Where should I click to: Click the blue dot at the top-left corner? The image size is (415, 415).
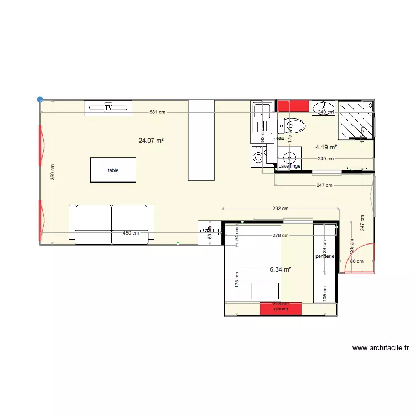[40, 100]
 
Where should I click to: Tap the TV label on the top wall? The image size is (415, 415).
[108, 107]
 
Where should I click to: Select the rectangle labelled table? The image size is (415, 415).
[113, 170]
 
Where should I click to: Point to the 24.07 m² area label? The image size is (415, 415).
[151, 141]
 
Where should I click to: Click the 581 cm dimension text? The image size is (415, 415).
[157, 112]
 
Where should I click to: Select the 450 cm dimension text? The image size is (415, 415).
[131, 234]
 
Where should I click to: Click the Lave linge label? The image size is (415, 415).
[289, 166]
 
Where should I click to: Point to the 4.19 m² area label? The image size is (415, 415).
[326, 147]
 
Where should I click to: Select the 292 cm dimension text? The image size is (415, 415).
[281, 209]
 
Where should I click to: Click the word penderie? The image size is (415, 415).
[325, 257]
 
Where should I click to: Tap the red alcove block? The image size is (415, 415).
[281, 308]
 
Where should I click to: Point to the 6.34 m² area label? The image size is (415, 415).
[281, 270]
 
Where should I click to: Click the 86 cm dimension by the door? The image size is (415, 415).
[357, 261]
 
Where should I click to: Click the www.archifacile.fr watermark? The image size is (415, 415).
[381, 348]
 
